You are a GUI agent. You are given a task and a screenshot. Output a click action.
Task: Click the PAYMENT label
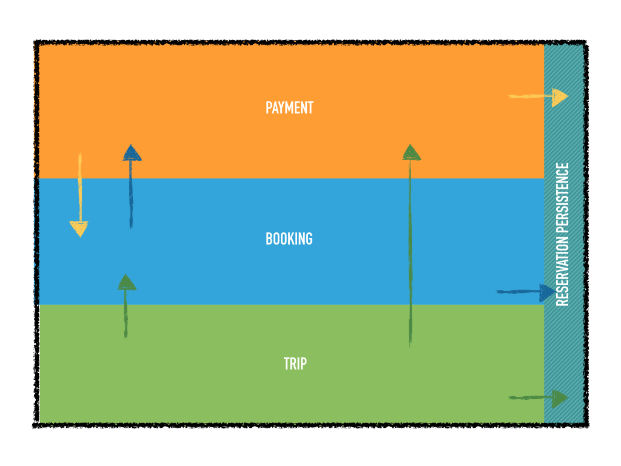tap(289, 108)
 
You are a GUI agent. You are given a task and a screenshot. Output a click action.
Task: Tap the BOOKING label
tap(289, 238)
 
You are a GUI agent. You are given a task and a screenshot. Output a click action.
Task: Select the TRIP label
tap(295, 363)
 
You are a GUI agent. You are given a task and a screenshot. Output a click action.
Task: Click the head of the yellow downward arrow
tap(79, 228)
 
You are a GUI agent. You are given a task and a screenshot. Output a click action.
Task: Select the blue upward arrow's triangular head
tap(132, 153)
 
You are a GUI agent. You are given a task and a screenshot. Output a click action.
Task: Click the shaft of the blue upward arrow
tap(130, 194)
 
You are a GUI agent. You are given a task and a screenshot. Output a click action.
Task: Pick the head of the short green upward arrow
tap(126, 282)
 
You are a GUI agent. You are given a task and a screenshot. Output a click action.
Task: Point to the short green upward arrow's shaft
tap(126, 313)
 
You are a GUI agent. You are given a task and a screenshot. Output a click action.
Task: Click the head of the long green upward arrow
tap(411, 152)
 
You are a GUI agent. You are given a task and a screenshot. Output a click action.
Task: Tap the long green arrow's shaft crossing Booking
tap(411, 243)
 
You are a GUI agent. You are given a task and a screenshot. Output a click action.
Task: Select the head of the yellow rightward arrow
tap(559, 96)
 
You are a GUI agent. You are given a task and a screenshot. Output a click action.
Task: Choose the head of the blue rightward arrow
tap(546, 292)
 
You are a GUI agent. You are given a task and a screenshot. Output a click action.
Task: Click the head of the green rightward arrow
tap(559, 397)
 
